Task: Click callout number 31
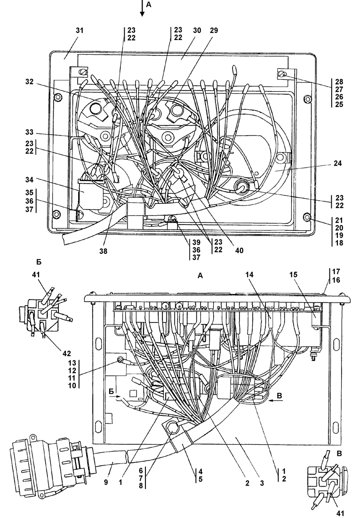tap(80, 31)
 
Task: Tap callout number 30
tap(197, 31)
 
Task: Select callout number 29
tap(214, 31)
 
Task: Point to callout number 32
tap(29, 81)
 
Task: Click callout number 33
tap(29, 132)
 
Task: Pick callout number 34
tap(29, 180)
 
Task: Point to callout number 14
tap(249, 275)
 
